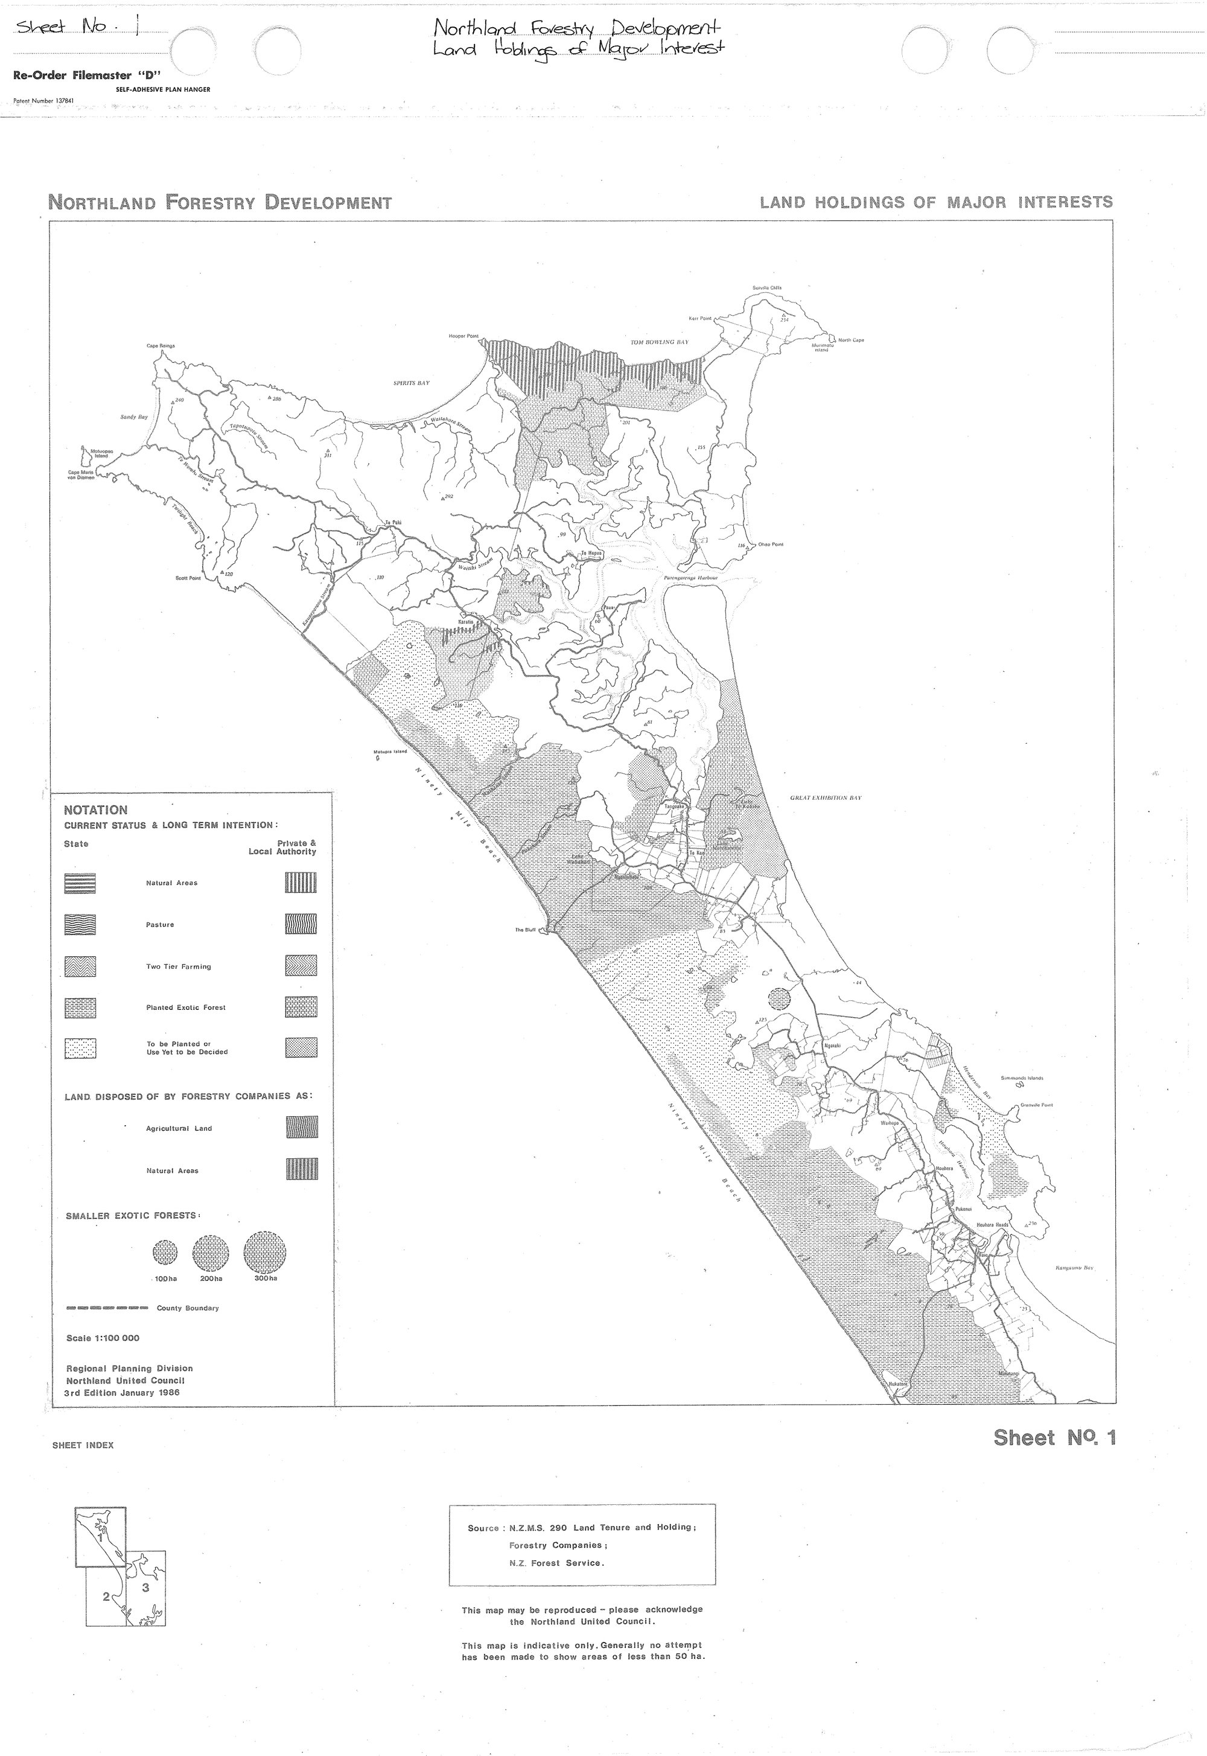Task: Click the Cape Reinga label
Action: coord(161,346)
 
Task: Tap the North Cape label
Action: coord(851,340)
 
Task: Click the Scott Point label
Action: coord(188,578)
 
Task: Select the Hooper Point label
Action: coord(463,336)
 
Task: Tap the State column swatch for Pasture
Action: coord(80,924)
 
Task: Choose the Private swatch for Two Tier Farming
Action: coord(301,966)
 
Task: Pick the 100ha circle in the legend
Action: coord(165,1253)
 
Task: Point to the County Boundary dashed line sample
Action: coord(107,1307)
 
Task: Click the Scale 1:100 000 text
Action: coord(103,1338)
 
